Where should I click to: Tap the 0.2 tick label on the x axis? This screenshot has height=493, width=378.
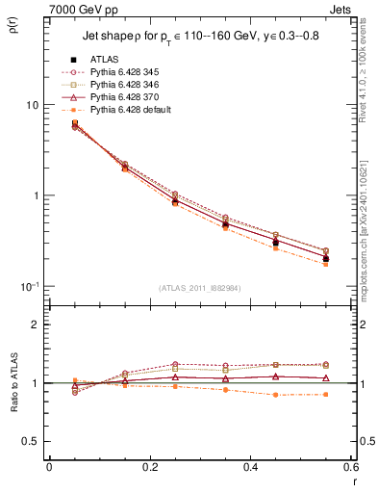point(149,468)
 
